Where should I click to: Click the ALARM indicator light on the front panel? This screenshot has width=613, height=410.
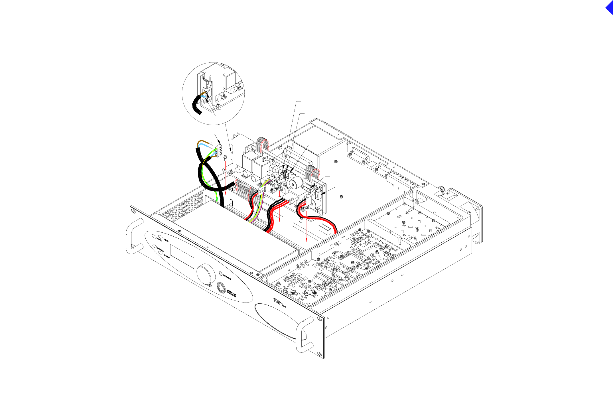coord(154,237)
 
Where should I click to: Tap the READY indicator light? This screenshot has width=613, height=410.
coord(161,237)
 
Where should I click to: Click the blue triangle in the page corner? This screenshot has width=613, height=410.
coord(610,7)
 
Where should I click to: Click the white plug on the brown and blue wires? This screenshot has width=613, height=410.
coord(219,151)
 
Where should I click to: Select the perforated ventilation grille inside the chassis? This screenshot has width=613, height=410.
coord(182,207)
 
